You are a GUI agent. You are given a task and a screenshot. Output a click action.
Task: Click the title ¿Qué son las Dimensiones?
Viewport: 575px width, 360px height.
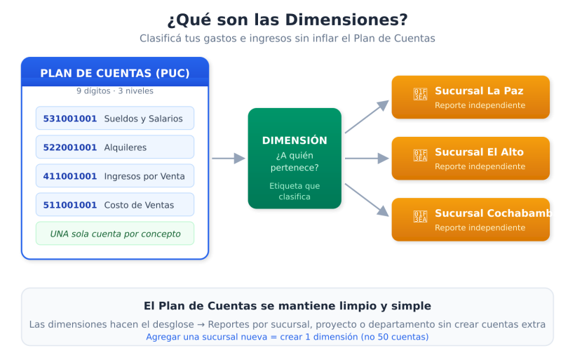tap(287, 19)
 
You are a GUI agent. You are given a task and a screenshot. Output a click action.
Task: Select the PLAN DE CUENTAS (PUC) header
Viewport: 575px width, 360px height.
tap(115, 73)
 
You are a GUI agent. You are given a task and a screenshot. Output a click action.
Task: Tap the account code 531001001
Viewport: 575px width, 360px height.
tap(70, 119)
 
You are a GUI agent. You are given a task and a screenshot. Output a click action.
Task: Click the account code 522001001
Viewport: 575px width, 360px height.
tap(70, 147)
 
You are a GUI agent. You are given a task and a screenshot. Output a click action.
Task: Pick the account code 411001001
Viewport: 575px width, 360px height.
tap(70, 176)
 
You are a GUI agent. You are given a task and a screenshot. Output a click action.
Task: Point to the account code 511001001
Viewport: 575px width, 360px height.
tap(70, 205)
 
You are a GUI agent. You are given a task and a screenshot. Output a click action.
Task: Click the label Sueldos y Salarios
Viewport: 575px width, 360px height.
tap(143, 119)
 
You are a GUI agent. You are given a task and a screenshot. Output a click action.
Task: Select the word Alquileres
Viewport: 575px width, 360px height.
tap(126, 147)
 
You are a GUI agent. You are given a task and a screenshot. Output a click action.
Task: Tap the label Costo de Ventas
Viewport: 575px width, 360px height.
tap(139, 205)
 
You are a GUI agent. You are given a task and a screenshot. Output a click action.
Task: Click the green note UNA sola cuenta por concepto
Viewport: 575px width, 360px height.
tap(115, 234)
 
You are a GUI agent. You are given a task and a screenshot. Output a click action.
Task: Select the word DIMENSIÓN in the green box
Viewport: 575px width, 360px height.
tap(295, 140)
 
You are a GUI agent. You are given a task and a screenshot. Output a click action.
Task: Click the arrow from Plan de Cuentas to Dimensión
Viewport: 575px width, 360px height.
tap(229, 159)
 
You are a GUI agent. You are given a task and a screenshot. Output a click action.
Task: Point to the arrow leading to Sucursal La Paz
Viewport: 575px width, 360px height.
tap(367, 116)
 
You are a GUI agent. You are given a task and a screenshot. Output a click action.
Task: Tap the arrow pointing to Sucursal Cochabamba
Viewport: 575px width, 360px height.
tap(367, 199)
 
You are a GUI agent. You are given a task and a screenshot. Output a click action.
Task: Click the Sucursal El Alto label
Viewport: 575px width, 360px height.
tap(479, 152)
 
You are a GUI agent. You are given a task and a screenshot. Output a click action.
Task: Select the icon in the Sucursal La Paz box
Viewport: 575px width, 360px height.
tap(420, 94)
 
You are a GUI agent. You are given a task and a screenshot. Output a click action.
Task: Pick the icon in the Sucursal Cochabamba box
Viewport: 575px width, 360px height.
tap(420, 217)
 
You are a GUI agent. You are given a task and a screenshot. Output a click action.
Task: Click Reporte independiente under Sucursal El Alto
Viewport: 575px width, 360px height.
tap(480, 167)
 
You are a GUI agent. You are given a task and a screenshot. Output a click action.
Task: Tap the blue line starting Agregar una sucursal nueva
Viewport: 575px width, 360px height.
tap(287, 337)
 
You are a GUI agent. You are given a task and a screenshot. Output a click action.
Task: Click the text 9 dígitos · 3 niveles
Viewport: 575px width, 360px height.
tap(115, 91)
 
